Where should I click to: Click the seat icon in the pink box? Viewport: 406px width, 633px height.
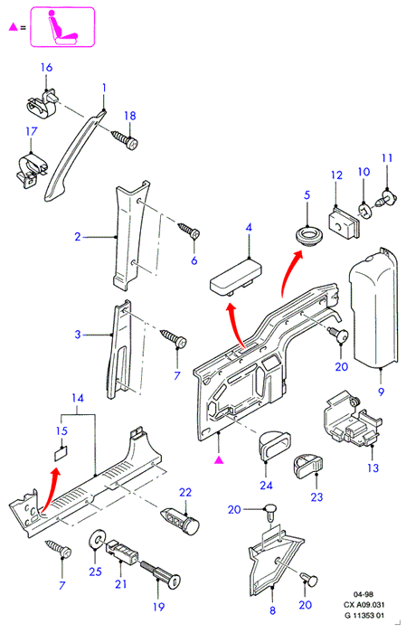click(61, 26)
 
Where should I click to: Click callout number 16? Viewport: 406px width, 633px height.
click(46, 67)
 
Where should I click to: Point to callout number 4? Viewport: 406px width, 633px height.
click(249, 227)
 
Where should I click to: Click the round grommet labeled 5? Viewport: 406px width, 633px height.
click(307, 236)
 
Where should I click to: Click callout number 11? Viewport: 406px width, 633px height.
click(387, 158)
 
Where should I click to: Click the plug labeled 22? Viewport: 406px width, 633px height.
click(181, 521)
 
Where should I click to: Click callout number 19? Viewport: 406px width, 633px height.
click(158, 607)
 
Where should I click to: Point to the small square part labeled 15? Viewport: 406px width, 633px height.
click(61, 454)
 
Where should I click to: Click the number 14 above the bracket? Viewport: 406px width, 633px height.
click(78, 399)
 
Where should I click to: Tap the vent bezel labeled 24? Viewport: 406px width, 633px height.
click(274, 445)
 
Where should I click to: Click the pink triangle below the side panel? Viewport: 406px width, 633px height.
click(218, 459)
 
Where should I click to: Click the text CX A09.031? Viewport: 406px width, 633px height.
click(364, 605)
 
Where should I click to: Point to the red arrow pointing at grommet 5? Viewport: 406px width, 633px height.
click(288, 272)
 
